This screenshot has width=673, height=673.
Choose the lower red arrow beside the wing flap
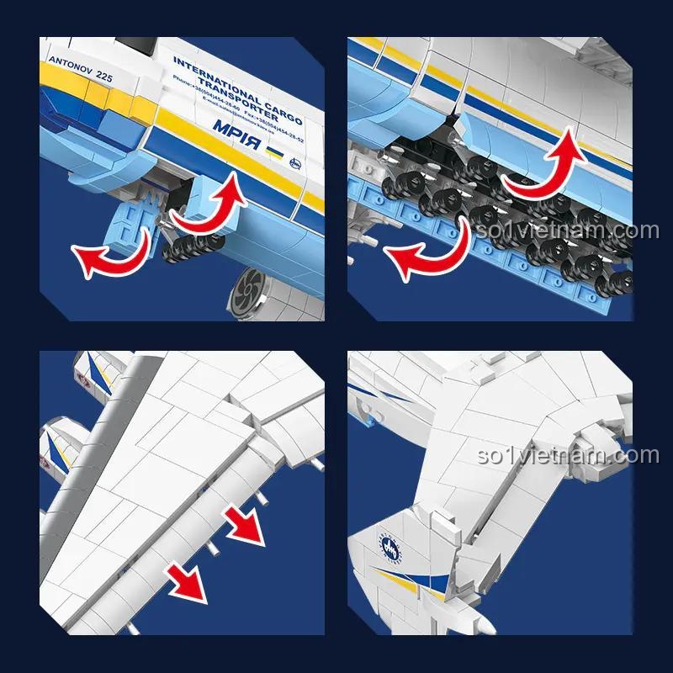187,580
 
